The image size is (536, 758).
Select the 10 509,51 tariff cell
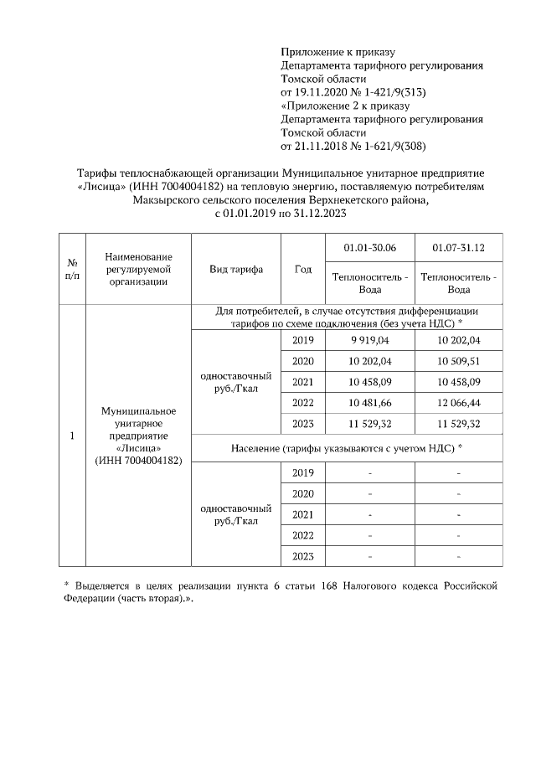pyautogui.click(x=458, y=362)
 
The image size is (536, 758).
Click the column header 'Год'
pyautogui.click(x=303, y=270)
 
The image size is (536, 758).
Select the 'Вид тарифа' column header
pyautogui.click(x=236, y=270)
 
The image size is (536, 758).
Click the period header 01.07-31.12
pyautogui.click(x=458, y=249)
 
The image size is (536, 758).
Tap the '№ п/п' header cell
pyautogui.click(x=72, y=270)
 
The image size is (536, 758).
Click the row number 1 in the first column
pyautogui.click(x=72, y=436)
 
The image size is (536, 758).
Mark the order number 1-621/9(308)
pyautogui.click(x=392, y=145)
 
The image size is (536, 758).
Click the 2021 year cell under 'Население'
pyautogui.click(x=303, y=514)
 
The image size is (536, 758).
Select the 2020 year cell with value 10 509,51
pyautogui.click(x=303, y=362)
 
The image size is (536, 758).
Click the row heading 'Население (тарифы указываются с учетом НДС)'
pyautogui.click(x=347, y=448)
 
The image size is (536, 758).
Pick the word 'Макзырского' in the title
pyautogui.click(x=165, y=201)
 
